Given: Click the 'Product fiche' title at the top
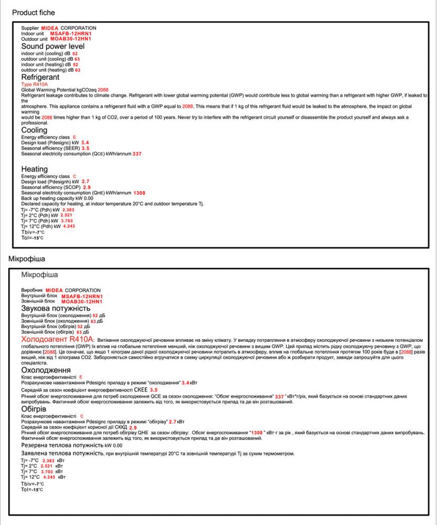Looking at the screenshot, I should [x=33, y=12].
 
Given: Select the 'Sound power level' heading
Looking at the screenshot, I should [x=52, y=46].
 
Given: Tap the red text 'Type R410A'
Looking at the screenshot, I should [x=34, y=83].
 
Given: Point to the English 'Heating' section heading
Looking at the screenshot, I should [x=35, y=169].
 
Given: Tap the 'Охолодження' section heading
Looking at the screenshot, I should [x=46, y=370].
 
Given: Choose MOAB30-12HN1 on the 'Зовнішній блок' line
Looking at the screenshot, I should [x=81, y=301].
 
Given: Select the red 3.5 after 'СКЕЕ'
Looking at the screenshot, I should [x=154, y=390].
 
